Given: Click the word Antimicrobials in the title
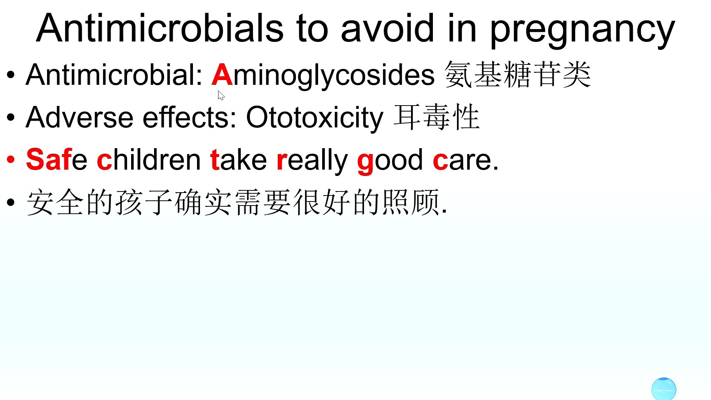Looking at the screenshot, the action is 160,28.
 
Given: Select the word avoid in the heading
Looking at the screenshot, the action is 387,28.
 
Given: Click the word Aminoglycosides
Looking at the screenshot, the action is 323,76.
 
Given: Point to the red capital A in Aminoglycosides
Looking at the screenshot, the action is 222,74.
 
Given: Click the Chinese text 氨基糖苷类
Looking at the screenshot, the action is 518,75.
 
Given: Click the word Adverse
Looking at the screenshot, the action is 79,117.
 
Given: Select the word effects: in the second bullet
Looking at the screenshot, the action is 190,117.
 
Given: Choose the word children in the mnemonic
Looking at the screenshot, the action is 148,160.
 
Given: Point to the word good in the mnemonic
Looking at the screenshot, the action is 390,161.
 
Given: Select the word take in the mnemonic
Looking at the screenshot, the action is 238,160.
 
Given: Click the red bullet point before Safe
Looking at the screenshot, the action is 11,160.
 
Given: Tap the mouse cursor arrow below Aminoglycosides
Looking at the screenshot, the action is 221,96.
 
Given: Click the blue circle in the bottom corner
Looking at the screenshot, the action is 664,389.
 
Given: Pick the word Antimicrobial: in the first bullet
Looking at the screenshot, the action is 114,74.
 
